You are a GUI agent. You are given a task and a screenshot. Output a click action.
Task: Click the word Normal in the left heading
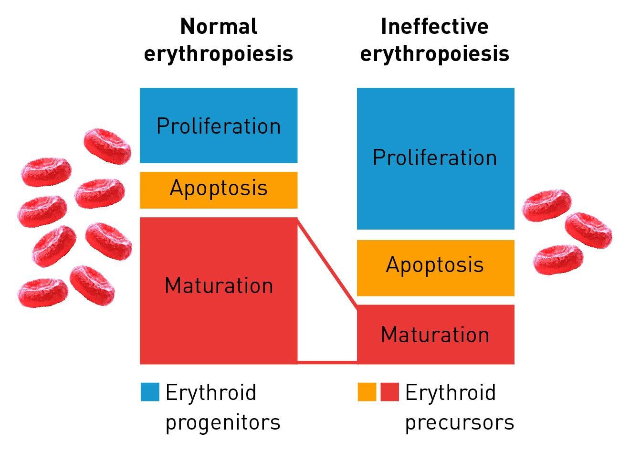[x=219, y=26]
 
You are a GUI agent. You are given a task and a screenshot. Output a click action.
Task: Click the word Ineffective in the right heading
[x=434, y=26]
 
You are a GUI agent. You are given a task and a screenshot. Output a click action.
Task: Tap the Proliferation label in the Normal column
[x=219, y=126]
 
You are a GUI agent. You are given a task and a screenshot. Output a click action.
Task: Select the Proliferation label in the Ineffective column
[x=435, y=158]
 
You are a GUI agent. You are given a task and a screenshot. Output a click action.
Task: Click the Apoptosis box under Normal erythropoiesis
[x=219, y=190]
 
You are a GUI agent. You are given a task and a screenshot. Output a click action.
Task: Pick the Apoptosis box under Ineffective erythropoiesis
[x=436, y=268]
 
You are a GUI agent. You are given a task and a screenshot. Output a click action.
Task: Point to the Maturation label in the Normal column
[x=219, y=285]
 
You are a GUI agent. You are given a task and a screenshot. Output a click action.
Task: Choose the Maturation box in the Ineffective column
[x=436, y=335]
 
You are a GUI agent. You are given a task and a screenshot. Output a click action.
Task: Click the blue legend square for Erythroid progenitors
[x=150, y=392]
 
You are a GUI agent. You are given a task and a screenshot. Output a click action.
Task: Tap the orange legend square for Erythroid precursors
[x=367, y=392]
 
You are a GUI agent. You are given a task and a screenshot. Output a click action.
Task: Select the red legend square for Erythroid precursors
[x=390, y=392]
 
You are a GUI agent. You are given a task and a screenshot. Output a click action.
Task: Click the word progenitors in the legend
[x=223, y=423]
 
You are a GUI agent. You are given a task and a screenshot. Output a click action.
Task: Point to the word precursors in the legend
[x=460, y=423]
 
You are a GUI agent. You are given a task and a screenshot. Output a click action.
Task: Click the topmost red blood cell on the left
[x=107, y=146]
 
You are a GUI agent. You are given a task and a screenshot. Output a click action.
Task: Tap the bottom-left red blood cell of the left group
[x=43, y=293]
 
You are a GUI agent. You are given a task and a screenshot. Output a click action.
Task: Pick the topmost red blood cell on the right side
[x=546, y=205]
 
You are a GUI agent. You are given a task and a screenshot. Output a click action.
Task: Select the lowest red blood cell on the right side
[x=558, y=260]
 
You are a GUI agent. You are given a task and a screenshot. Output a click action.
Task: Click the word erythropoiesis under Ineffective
[x=435, y=54]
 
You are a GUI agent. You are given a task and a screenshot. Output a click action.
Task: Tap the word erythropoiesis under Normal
[x=219, y=54]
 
